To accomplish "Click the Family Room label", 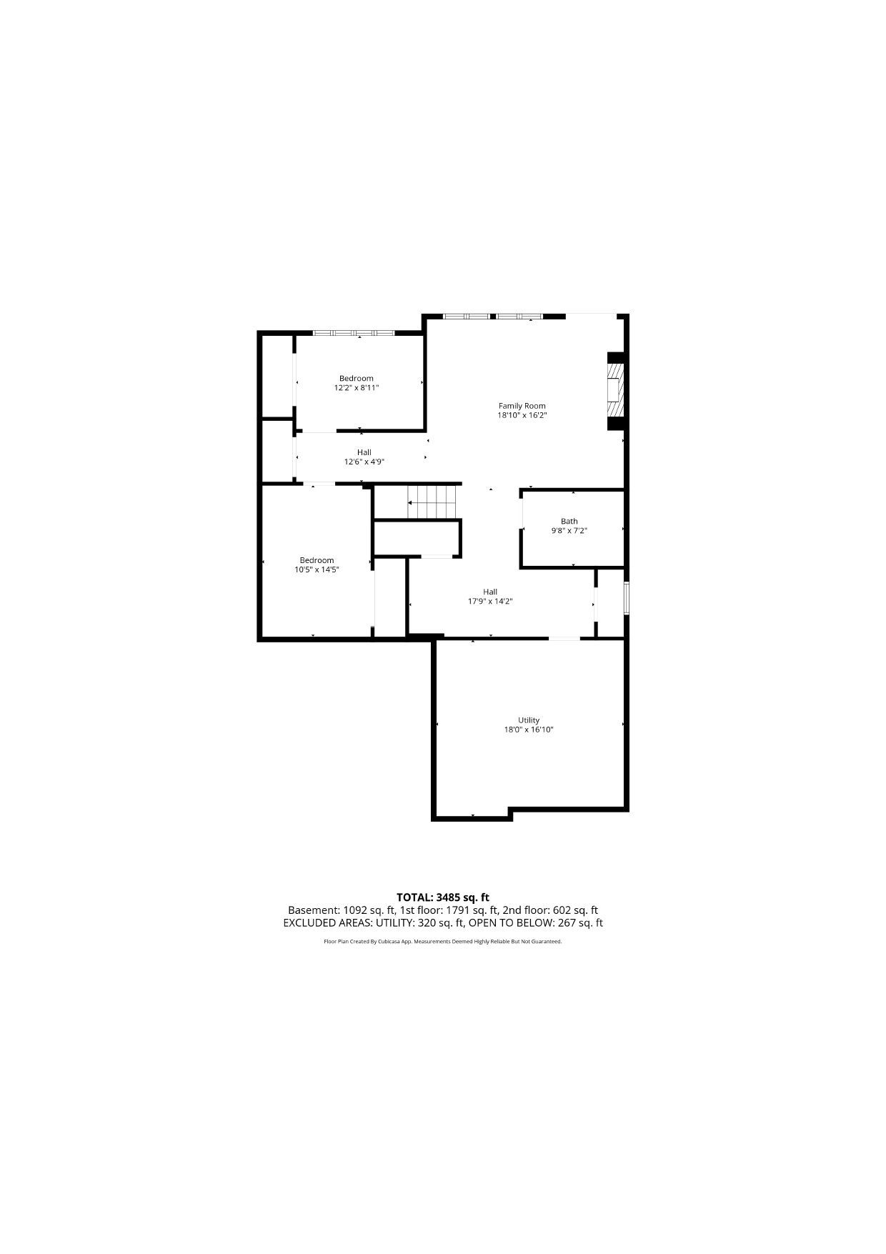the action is click(522, 406).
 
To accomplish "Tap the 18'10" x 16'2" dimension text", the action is click(522, 415).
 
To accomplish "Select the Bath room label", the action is click(569, 521).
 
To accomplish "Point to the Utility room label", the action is click(529, 720).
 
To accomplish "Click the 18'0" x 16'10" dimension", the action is click(529, 730).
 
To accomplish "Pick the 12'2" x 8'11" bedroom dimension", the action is click(357, 388).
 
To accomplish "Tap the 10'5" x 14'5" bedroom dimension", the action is click(317, 569).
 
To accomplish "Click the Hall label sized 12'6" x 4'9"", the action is click(364, 452).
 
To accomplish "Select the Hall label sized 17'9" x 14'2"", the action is click(490, 592).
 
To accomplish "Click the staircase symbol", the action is click(432, 502).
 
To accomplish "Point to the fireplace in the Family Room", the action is click(614, 391).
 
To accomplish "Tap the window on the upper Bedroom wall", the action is click(354, 333).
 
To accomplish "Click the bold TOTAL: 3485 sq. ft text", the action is click(443, 897).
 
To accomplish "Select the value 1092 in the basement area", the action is click(355, 910).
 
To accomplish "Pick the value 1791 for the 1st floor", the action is click(459, 910).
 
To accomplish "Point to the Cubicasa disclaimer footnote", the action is click(443, 942).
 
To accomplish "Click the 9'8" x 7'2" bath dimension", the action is click(569, 530).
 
